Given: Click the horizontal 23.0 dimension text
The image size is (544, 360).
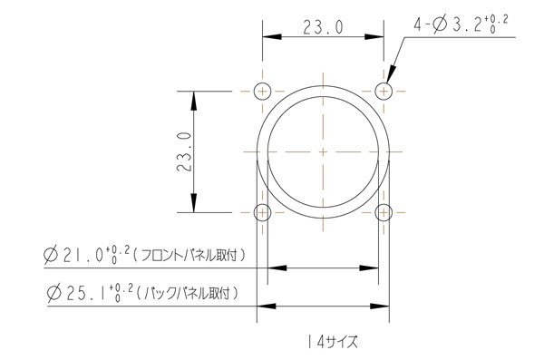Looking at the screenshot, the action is point(323,27).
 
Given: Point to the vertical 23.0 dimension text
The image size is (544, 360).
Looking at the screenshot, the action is point(184,151).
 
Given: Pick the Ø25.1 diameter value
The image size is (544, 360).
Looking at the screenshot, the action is point(90,293).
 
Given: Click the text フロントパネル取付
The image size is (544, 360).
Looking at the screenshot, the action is point(189,255).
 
